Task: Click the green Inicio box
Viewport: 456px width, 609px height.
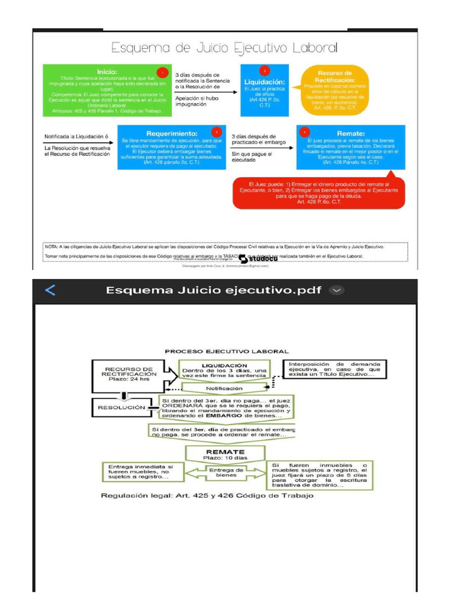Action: (x=107, y=90)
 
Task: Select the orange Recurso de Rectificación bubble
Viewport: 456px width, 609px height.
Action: (x=335, y=90)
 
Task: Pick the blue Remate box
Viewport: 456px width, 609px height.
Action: (x=350, y=147)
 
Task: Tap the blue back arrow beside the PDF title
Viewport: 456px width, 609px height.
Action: (x=50, y=290)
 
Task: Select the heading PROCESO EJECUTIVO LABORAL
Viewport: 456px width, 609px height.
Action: (x=227, y=351)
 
